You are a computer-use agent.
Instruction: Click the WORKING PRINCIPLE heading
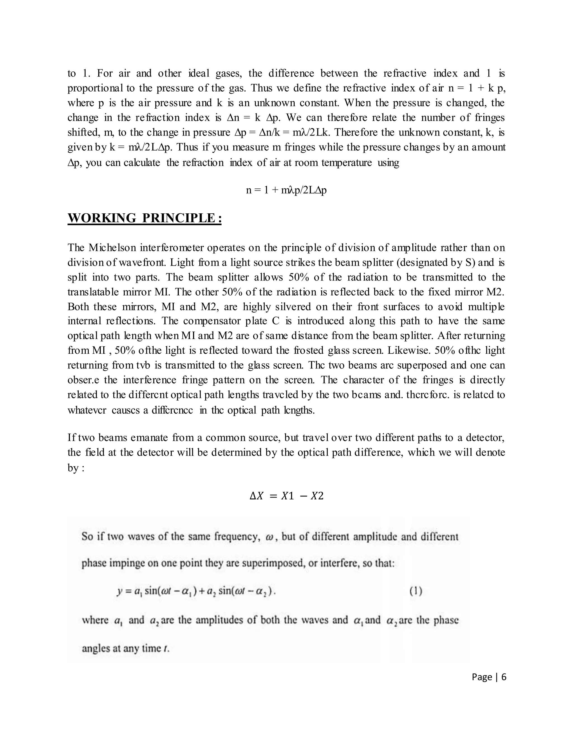coord(145,218)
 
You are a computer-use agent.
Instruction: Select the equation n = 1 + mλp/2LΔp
coord(286,190)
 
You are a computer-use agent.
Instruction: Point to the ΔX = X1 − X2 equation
coord(286,496)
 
